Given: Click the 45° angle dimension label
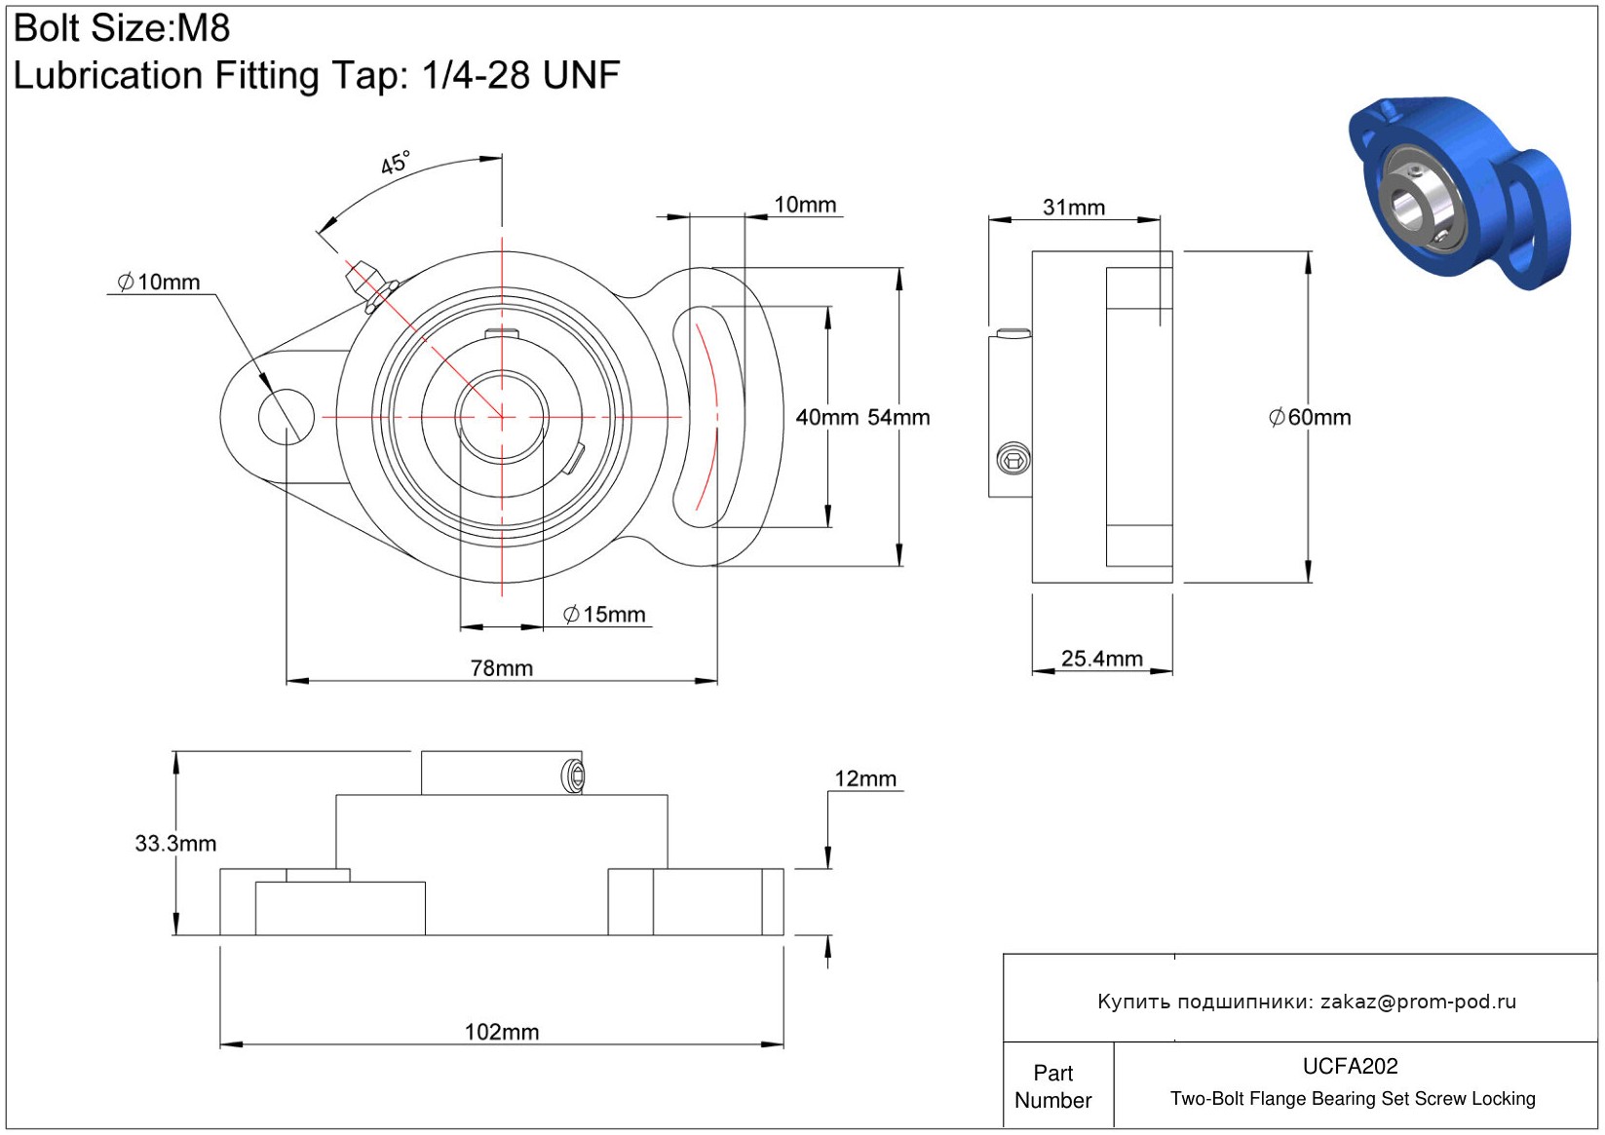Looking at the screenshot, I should tap(396, 163).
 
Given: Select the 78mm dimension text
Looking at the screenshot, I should tap(501, 668).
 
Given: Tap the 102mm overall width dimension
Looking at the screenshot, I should tap(501, 1032).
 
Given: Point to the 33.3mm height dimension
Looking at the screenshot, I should tap(175, 844).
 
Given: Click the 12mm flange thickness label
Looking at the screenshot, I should tap(864, 779).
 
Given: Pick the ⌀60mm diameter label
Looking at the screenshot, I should tap(1309, 418).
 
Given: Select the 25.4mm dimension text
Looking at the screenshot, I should tap(1101, 659).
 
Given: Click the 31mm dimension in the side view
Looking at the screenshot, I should tap(1073, 208).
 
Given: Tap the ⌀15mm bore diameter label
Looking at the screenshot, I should tap(604, 615).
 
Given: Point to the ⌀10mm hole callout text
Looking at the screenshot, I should tap(159, 283).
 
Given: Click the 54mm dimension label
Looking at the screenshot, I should tap(898, 418).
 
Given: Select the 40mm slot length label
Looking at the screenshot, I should tap(826, 418).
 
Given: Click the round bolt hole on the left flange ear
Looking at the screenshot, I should tap(287, 417).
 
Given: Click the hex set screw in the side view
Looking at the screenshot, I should tap(1013, 458).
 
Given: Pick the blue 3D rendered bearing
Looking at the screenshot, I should tap(1459, 192).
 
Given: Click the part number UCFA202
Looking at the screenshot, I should tap(1350, 1066).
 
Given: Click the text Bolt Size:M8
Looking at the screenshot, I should tap(122, 28).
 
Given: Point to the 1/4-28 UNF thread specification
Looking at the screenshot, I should tap(520, 75).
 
